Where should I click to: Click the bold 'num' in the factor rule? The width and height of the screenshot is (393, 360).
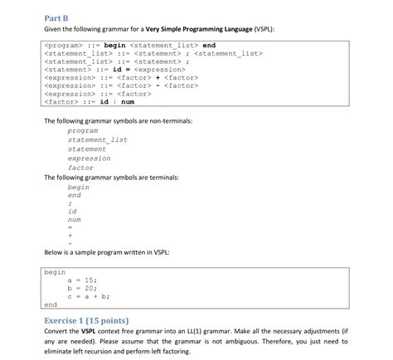128,102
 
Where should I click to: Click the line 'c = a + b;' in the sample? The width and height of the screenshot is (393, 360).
89,295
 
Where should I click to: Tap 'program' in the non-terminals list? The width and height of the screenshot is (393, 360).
83,130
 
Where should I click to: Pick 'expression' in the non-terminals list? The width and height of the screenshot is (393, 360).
89,158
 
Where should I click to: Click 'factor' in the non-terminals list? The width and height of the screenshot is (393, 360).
80,167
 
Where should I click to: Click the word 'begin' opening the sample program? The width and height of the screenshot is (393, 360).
55,271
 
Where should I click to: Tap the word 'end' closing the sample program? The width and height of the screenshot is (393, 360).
51,304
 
